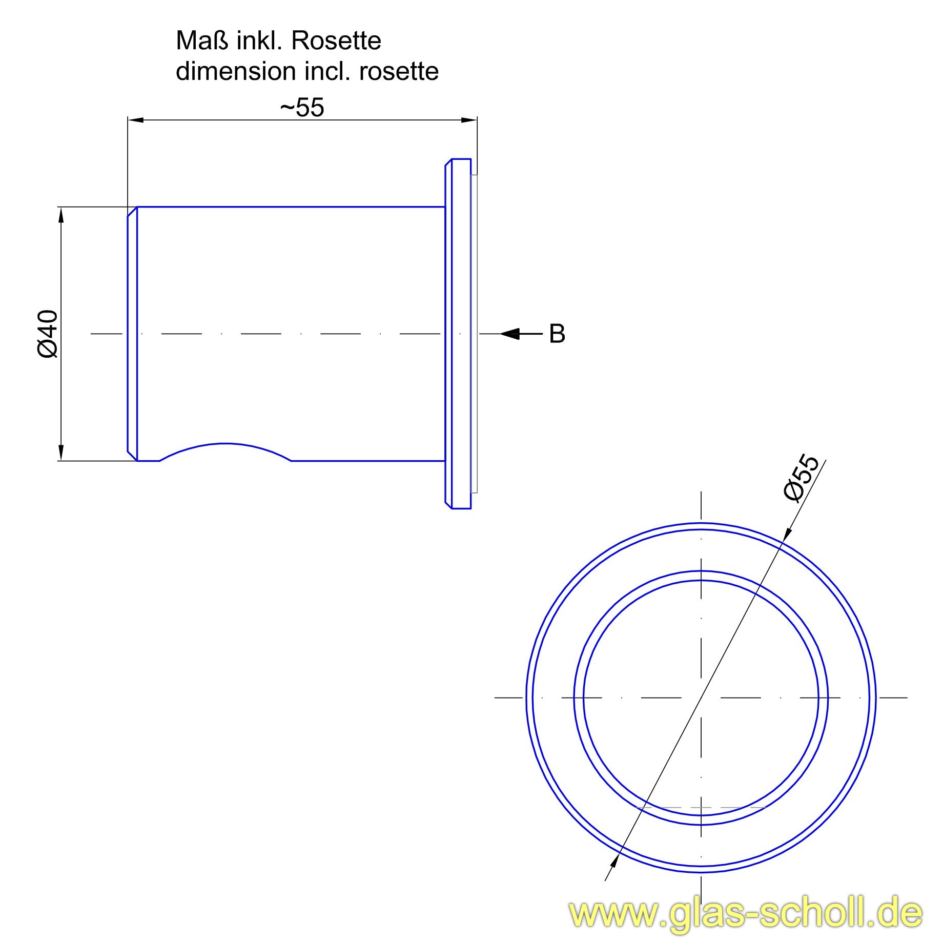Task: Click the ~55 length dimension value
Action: click(x=302, y=108)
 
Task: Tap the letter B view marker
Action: click(x=557, y=334)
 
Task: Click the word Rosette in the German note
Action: click(x=336, y=41)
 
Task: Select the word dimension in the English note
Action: click(x=236, y=71)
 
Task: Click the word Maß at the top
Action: click(x=202, y=41)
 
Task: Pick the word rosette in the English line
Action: click(x=399, y=71)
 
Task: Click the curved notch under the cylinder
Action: click(x=225, y=446)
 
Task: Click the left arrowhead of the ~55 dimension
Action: click(x=136, y=120)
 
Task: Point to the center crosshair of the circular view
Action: click(x=701, y=698)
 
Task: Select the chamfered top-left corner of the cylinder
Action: click(x=132, y=212)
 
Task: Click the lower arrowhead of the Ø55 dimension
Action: click(x=614, y=862)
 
